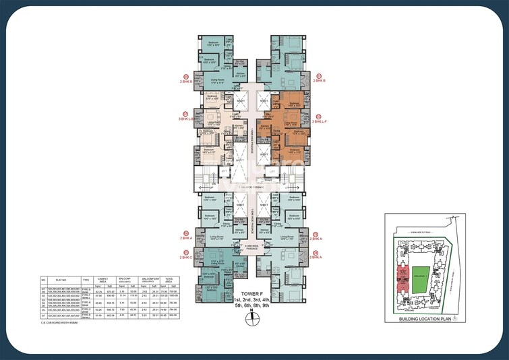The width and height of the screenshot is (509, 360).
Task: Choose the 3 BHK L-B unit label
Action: pos(187,118)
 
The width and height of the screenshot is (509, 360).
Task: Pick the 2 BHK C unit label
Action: pos(185,257)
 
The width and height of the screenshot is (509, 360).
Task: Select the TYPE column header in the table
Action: pos(86,277)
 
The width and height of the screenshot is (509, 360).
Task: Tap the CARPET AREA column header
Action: pos(102,277)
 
